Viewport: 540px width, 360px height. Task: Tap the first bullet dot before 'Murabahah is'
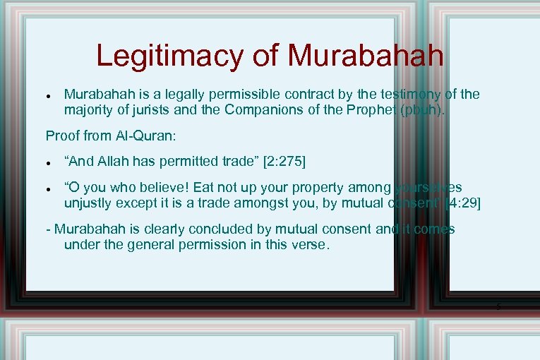46,95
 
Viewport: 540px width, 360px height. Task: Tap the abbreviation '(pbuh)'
426,109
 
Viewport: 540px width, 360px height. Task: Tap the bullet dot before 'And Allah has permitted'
46,162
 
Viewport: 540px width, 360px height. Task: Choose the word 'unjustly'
90,203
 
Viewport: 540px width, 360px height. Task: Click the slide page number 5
498,306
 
